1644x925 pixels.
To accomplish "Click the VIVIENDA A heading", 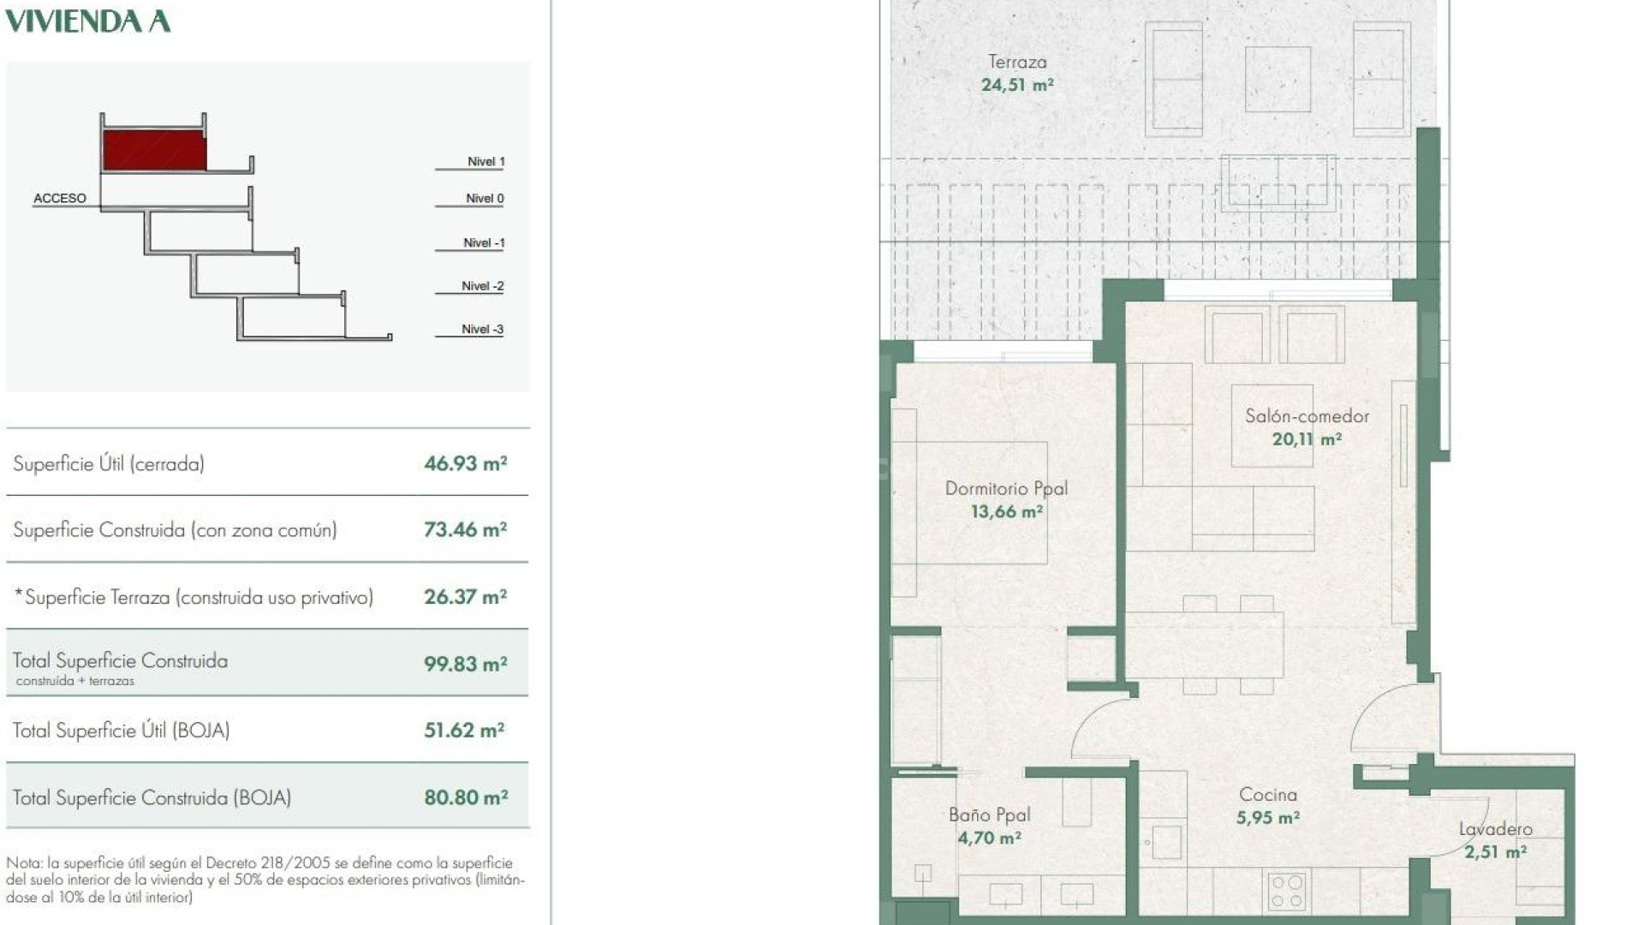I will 88,21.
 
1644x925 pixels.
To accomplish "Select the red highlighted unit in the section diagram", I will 154,150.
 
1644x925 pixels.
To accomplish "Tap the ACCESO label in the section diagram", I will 60,198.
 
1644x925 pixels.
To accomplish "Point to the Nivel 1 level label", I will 485,161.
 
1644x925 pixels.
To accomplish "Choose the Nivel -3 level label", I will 482,329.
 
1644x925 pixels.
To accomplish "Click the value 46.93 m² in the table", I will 465,463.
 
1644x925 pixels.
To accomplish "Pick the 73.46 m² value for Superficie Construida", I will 465,529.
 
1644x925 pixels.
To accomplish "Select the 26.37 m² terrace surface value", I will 465,597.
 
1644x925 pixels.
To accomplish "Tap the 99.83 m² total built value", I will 465,664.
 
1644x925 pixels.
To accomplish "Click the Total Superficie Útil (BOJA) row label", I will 121,731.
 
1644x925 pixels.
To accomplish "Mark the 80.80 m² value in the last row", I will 466,797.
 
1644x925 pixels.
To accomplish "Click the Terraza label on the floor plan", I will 1017,62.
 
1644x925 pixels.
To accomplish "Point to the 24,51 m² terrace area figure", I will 1017,85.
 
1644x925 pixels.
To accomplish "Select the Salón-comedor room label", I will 1307,416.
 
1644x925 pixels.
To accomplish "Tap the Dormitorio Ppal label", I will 1006,488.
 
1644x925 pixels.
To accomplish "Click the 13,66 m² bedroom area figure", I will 1006,511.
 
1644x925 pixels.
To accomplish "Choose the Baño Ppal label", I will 989,815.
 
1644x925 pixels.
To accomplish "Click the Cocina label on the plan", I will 1267,795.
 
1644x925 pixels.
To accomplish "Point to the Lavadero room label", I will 1495,828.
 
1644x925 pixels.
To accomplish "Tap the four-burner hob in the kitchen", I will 1286,890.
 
